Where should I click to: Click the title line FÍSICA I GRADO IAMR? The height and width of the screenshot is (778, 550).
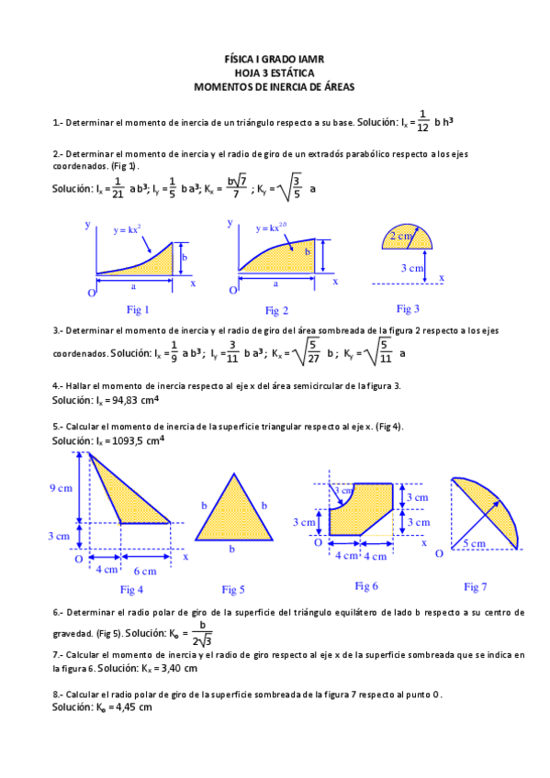(x=275, y=59)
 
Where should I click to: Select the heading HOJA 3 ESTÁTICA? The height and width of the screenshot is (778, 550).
(x=275, y=72)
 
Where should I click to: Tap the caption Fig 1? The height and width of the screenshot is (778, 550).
(x=137, y=309)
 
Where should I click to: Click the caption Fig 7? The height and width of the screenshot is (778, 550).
(x=475, y=586)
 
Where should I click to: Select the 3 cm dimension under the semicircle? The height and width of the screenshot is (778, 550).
(x=411, y=267)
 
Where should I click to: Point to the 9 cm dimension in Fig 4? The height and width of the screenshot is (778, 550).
(x=61, y=489)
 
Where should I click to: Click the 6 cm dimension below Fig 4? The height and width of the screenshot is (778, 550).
(x=147, y=569)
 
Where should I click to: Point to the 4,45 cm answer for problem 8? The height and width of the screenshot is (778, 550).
(x=130, y=707)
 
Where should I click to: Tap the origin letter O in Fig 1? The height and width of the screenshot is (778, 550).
(x=92, y=292)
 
